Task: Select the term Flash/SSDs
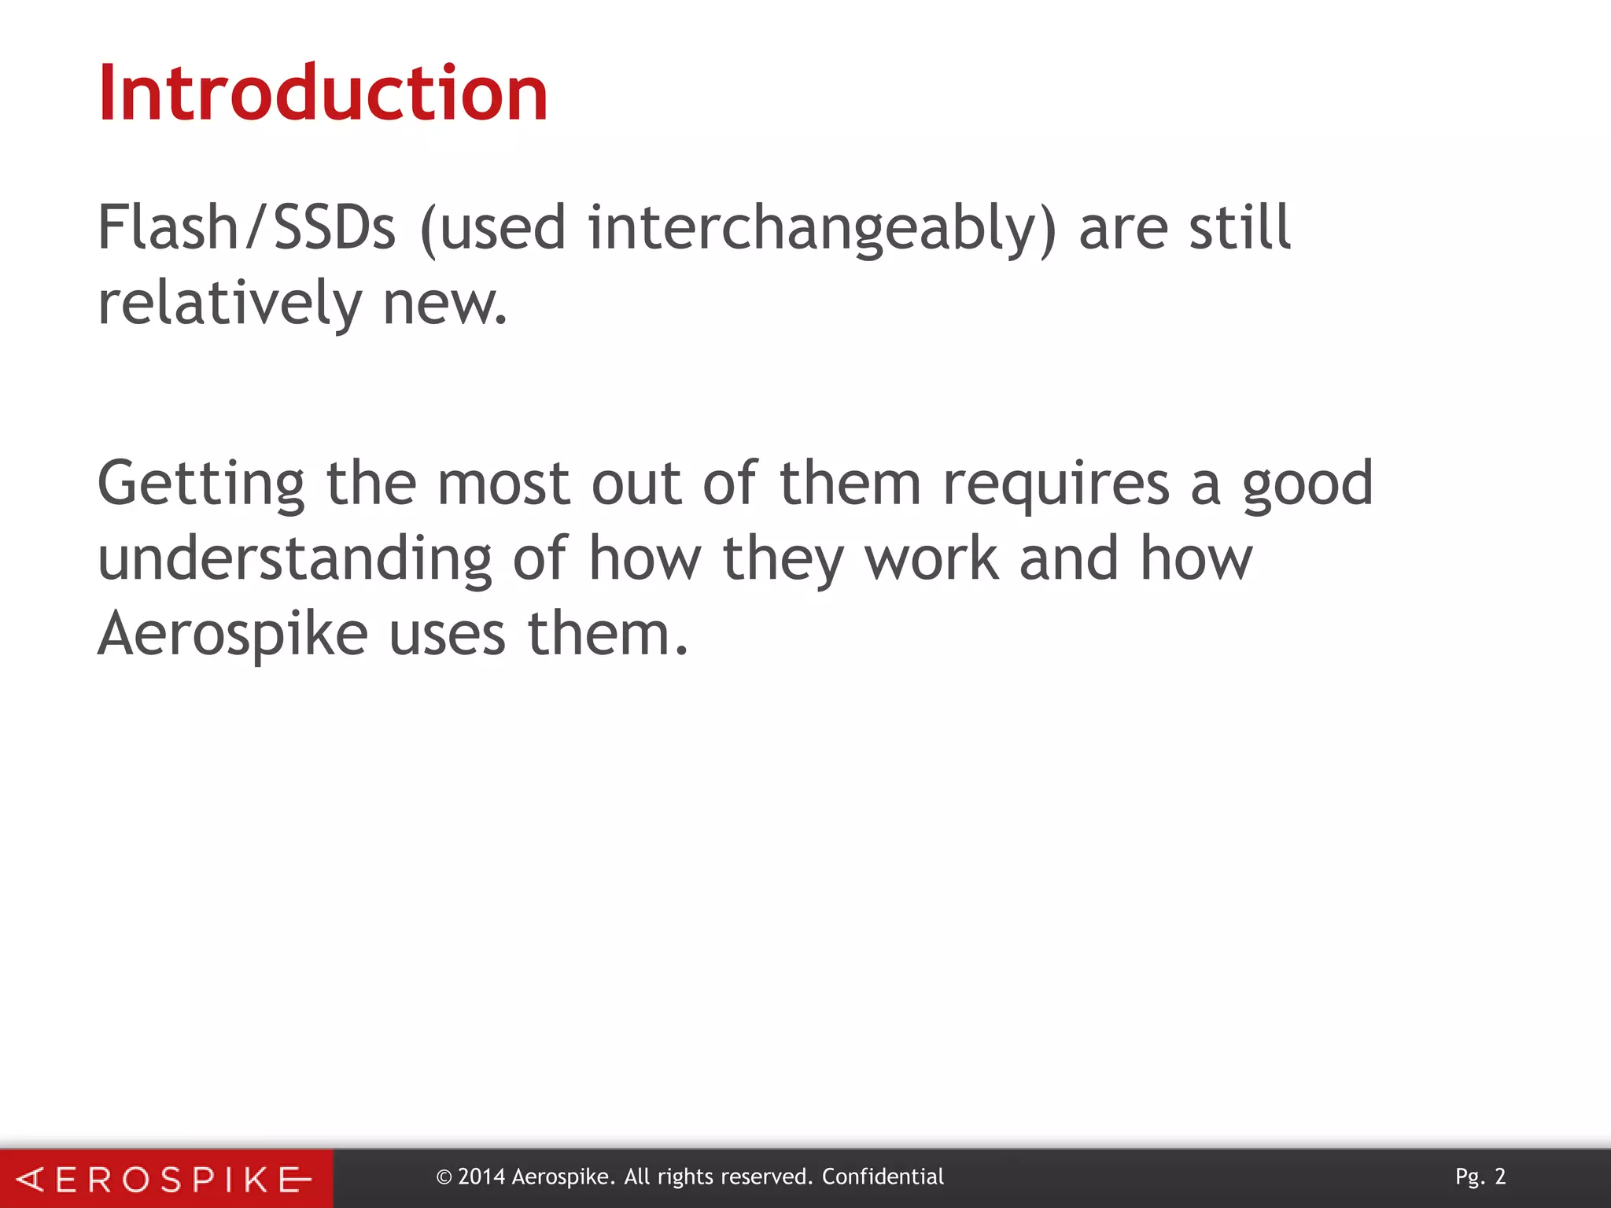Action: pos(245,228)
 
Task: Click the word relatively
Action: pos(229,304)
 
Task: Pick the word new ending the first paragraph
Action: pos(444,305)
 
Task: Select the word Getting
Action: pos(201,484)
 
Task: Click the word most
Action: pos(503,483)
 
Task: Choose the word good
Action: pos(1307,484)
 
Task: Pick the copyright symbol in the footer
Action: pos(444,1178)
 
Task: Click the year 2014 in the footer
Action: pos(481,1177)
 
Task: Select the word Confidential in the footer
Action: pos(883,1177)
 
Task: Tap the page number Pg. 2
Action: pos(1480,1177)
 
